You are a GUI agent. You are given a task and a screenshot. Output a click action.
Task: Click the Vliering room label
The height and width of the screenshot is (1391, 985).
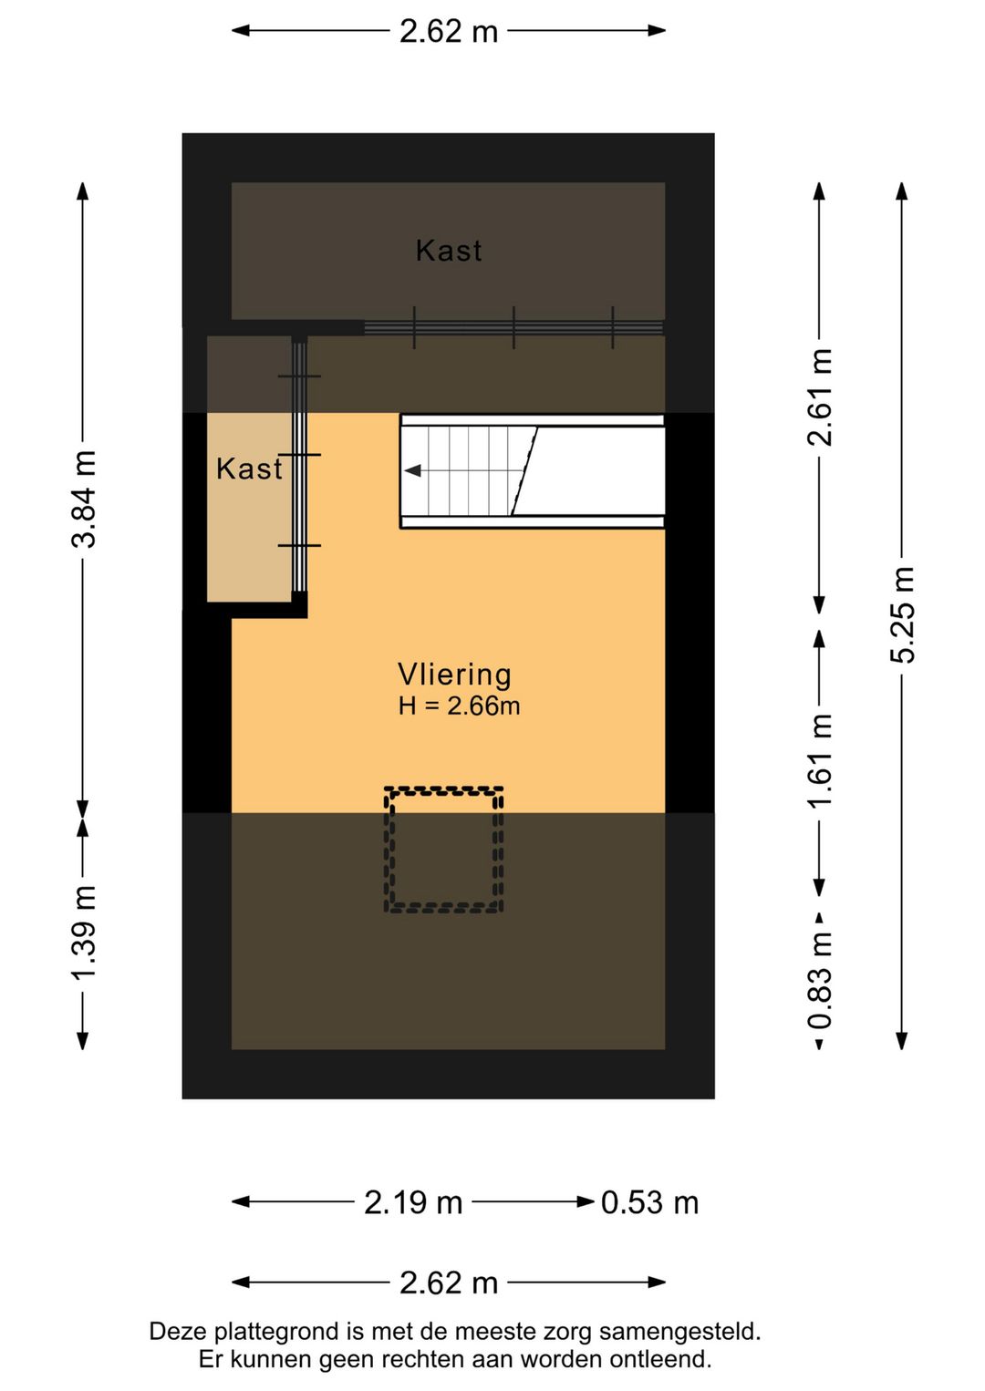click(454, 675)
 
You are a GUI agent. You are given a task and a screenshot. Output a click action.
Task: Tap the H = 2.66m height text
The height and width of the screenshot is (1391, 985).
click(459, 706)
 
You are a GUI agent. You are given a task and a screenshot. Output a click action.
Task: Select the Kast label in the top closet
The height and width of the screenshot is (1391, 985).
click(448, 251)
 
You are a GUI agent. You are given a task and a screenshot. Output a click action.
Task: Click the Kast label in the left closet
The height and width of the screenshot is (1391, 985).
click(248, 469)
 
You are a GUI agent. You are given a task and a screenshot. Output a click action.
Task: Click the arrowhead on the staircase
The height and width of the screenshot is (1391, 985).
click(413, 471)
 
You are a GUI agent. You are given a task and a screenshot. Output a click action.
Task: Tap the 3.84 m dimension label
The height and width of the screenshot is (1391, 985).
click(84, 499)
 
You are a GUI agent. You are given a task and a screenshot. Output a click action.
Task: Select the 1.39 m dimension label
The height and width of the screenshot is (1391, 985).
click(84, 933)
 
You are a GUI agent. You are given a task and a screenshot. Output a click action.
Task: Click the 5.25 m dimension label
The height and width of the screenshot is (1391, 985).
click(902, 614)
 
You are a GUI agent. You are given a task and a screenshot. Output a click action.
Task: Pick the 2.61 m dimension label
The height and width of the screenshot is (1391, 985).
click(820, 397)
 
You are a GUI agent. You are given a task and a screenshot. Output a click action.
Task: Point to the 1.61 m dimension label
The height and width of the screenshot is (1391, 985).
click(820, 760)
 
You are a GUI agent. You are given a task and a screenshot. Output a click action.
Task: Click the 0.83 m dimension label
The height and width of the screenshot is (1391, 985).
click(820, 980)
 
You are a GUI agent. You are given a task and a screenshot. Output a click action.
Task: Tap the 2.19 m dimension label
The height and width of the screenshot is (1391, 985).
click(413, 1202)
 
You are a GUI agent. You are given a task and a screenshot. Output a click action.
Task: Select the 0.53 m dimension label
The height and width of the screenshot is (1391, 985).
click(649, 1202)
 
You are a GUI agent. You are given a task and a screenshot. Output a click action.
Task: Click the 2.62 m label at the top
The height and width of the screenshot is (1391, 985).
click(449, 31)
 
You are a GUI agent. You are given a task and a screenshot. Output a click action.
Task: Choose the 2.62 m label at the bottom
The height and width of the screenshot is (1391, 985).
click(449, 1283)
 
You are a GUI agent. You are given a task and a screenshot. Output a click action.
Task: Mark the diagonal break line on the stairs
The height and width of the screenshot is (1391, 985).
click(524, 471)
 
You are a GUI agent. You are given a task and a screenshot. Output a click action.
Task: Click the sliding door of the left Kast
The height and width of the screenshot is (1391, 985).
click(299, 465)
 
